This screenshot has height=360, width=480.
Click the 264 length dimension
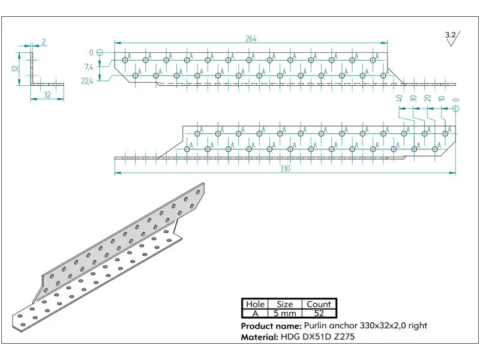point(251,38)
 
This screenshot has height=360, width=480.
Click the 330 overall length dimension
point(285,169)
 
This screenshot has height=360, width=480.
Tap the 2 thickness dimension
point(44,41)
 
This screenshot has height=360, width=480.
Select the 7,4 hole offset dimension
point(89,67)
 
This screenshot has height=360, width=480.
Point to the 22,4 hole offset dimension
point(87,81)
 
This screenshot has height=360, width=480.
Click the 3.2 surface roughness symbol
point(452,38)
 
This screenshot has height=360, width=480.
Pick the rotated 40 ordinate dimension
point(399,98)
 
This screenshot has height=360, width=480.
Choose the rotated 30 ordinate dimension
point(413,98)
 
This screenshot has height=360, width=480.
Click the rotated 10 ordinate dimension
point(442,98)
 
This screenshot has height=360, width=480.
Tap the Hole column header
point(256,304)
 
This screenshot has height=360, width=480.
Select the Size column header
point(284,304)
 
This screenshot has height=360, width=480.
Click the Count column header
point(319,304)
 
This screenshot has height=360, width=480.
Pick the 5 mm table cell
point(284,313)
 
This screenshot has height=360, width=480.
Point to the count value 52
point(319,313)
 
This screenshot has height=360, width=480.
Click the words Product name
point(271,326)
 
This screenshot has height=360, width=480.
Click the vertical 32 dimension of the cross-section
point(16,69)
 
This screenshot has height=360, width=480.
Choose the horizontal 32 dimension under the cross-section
point(47,95)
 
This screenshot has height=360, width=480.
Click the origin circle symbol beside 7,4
point(100,53)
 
